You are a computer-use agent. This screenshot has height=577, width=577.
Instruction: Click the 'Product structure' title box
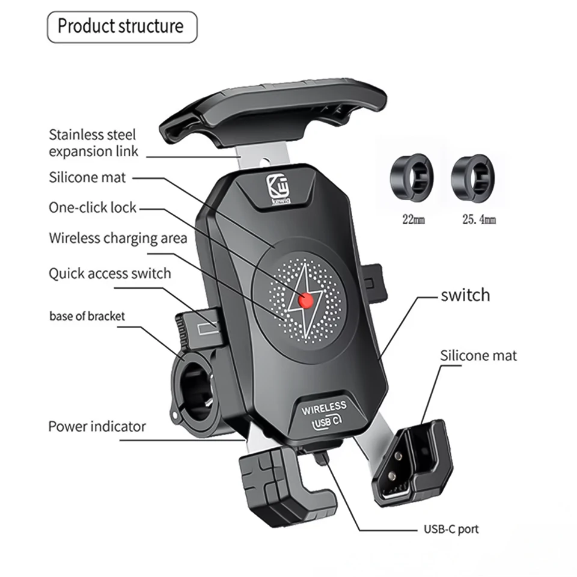tap(121, 27)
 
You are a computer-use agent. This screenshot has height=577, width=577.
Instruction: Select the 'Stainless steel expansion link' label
tap(93, 143)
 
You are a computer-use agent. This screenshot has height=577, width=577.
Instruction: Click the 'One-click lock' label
tap(93, 208)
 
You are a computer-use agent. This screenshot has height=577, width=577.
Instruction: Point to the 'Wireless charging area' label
tap(118, 238)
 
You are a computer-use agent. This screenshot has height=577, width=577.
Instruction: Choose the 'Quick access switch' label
tap(109, 273)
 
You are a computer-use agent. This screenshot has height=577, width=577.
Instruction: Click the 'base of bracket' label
tap(87, 316)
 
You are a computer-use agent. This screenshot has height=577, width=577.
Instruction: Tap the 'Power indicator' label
tap(97, 427)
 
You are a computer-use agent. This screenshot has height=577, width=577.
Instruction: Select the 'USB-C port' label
tap(448, 530)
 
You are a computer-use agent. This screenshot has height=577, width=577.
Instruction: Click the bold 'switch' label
tap(465, 295)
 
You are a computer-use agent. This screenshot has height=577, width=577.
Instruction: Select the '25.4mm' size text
tap(478, 220)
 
